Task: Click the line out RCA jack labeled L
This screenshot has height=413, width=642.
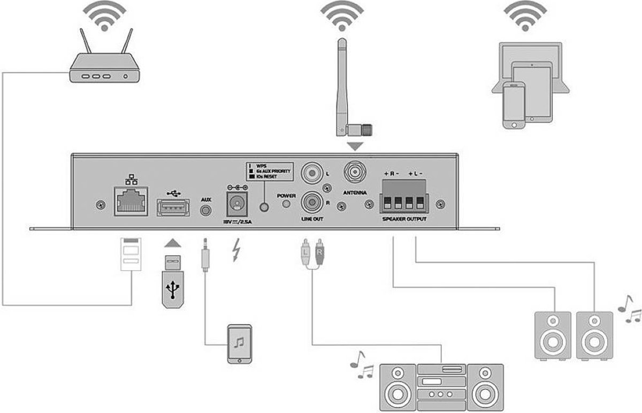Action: pos(311,173)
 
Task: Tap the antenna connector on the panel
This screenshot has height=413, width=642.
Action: pos(354,173)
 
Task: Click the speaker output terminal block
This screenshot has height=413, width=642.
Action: pos(404,195)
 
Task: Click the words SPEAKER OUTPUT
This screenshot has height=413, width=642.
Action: pos(404,219)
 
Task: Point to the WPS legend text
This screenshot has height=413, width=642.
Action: pos(262,165)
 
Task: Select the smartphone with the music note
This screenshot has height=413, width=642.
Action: pos(239,343)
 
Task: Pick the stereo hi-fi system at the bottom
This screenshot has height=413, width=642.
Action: pos(441,385)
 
